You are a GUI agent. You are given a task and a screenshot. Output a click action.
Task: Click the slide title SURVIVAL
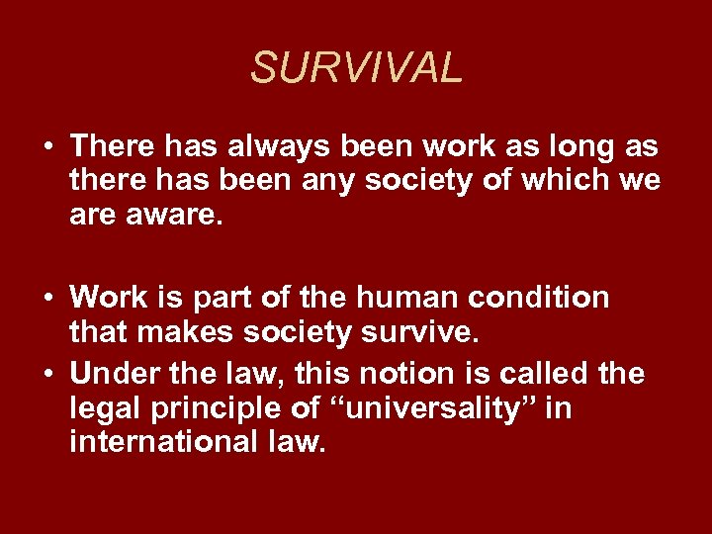pyautogui.click(x=356, y=68)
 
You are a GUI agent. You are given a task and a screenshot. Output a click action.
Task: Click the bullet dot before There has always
pyautogui.click(x=47, y=147)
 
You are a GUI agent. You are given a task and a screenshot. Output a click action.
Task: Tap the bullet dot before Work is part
pyautogui.click(x=47, y=298)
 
